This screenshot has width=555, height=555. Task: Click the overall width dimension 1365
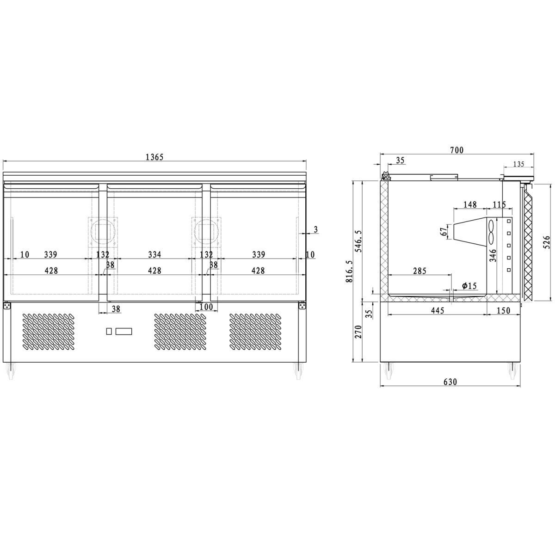(x=154, y=157)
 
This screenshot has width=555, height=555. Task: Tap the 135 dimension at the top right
(x=518, y=164)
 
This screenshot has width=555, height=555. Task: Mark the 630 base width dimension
(x=450, y=382)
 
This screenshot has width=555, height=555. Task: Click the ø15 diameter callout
(x=469, y=286)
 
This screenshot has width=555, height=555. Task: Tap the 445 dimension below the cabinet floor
(x=437, y=310)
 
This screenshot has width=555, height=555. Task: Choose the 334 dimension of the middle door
(x=154, y=254)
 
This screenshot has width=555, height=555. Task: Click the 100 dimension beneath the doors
(x=206, y=307)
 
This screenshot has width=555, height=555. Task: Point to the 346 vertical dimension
(x=493, y=256)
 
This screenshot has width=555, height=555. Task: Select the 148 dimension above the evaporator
(x=469, y=204)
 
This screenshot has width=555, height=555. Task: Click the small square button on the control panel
(x=109, y=331)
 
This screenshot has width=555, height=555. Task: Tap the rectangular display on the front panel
(x=124, y=331)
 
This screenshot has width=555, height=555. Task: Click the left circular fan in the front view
(x=102, y=230)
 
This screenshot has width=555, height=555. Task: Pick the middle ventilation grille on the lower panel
(x=180, y=331)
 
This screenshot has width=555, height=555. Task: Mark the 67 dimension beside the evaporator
(x=444, y=231)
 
